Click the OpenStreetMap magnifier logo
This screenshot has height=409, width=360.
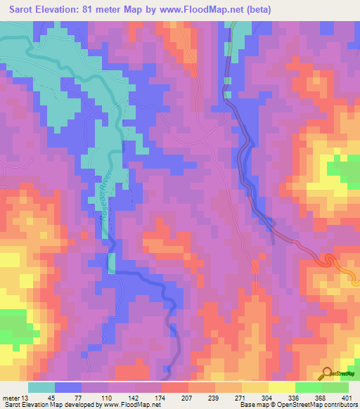click(326, 372)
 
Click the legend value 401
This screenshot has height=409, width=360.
click(345, 397)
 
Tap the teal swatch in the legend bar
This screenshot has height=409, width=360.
click(41, 387)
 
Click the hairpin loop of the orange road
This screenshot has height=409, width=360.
click(328, 260)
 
